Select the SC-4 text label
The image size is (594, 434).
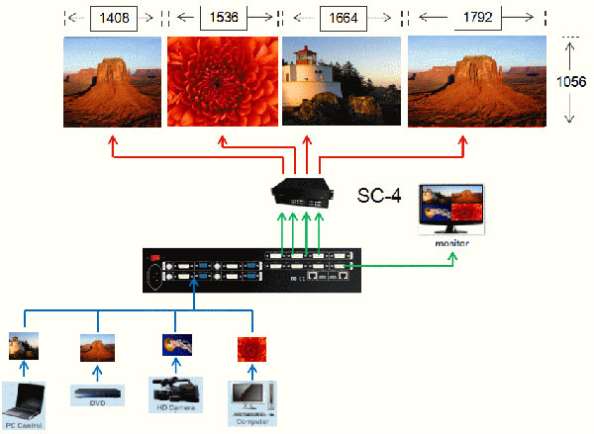379,196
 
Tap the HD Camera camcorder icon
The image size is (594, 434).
175,391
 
